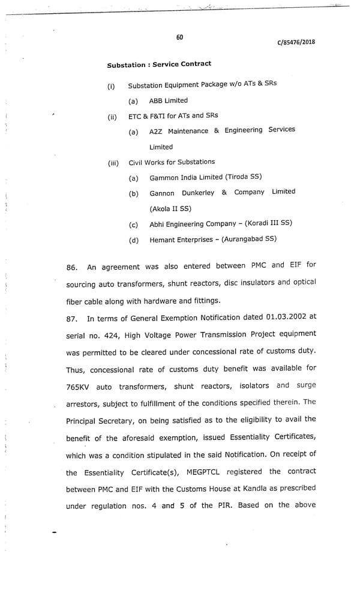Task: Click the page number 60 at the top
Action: click(179, 37)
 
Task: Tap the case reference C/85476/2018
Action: click(296, 42)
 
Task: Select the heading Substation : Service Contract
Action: click(159, 64)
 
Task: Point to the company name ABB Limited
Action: click(168, 101)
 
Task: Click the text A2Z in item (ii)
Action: click(156, 131)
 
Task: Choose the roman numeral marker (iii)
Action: click(113, 163)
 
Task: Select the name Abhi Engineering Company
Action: click(193, 224)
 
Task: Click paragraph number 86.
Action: click(72, 267)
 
